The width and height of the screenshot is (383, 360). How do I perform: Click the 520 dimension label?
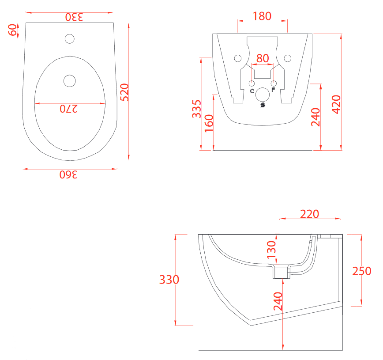pos(124,92)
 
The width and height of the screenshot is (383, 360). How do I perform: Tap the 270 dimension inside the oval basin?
pos(69,109)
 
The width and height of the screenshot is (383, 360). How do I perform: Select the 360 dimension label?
pos(68,174)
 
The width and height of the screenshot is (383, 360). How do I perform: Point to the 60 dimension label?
pos(12,30)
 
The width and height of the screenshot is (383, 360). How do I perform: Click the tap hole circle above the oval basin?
pos(70,38)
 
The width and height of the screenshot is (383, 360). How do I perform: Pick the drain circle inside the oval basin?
pos(70,81)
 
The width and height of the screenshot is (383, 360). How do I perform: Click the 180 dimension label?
pos(262,16)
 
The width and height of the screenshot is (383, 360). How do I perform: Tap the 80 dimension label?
pos(263,58)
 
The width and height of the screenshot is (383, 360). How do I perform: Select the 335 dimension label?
pos(197,109)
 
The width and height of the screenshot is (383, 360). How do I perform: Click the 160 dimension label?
pos(209,123)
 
